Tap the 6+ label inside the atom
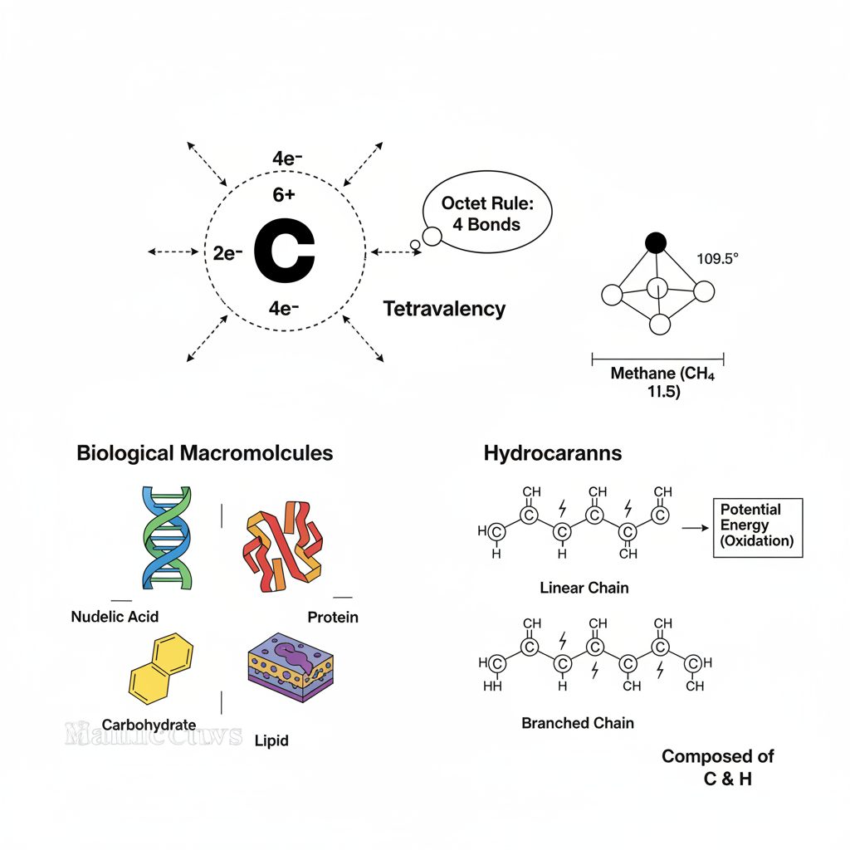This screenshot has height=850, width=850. [284, 195]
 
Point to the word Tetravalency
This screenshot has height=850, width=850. [444, 310]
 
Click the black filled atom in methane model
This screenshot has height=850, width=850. [656, 242]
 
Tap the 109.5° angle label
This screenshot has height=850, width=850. [717, 258]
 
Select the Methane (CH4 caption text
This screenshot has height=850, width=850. [662, 374]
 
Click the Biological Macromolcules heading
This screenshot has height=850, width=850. [204, 453]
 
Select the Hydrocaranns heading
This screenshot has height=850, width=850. [552, 453]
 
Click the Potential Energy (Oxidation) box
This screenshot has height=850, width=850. [758, 528]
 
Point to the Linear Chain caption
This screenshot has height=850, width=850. [584, 588]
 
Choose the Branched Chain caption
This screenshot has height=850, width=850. [577, 723]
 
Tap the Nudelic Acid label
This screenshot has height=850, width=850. [115, 617]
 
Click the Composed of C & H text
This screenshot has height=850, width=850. [718, 768]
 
